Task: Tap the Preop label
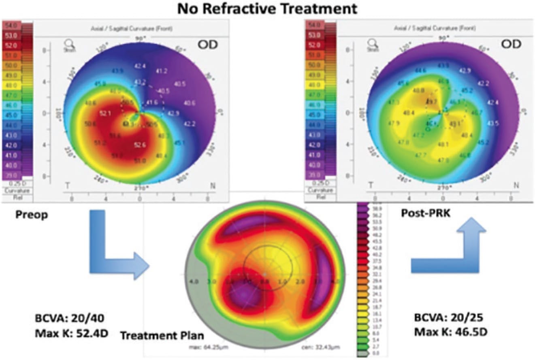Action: [32, 215]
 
